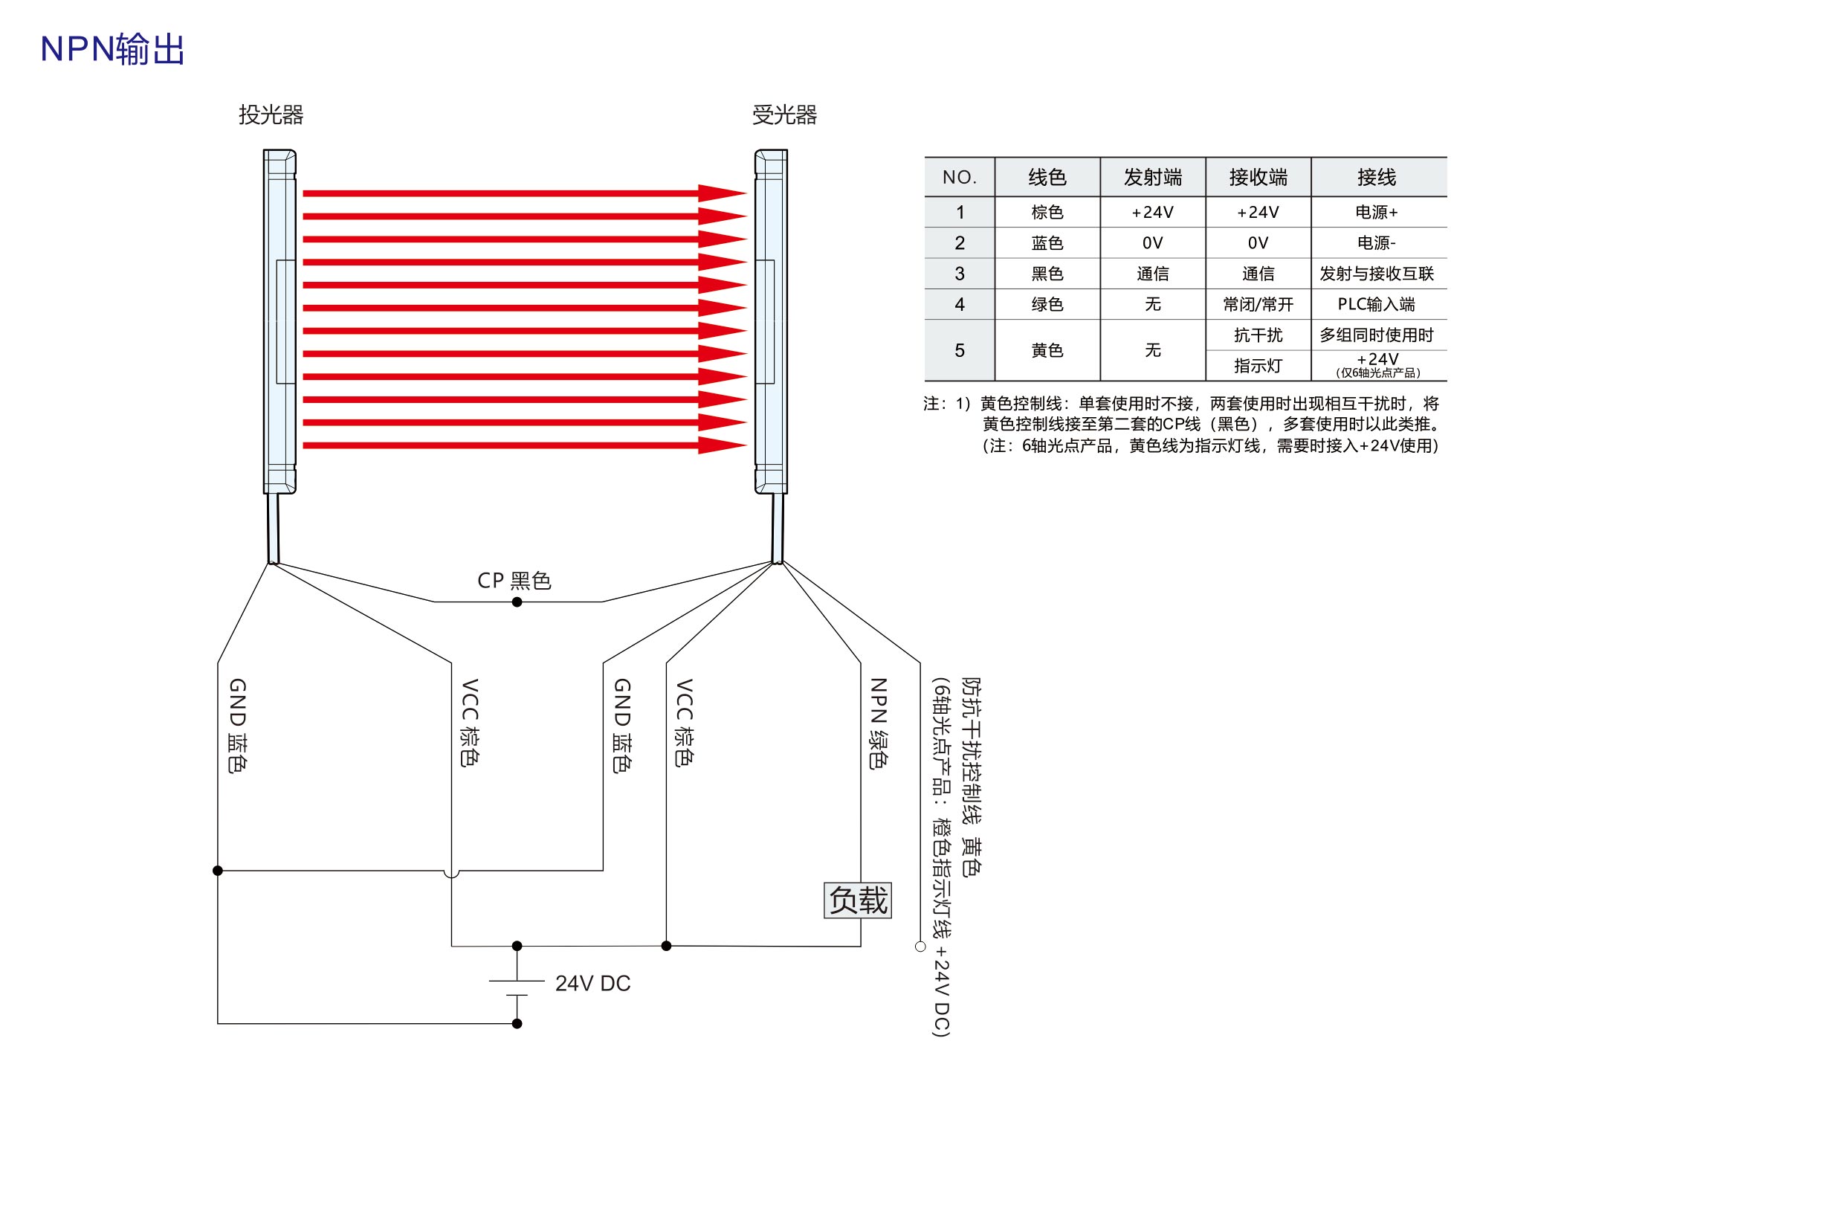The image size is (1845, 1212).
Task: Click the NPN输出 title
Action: (112, 49)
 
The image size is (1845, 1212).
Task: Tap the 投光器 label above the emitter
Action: (271, 115)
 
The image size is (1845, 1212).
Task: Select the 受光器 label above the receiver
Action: (784, 115)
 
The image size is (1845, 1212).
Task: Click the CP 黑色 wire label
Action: (514, 580)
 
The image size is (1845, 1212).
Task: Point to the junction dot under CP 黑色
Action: (517, 602)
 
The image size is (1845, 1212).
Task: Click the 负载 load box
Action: (857, 900)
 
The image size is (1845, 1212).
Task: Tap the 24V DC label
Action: (593, 983)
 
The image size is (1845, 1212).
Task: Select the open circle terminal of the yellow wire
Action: (920, 946)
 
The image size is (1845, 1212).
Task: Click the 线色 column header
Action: (1047, 178)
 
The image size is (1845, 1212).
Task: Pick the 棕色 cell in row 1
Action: (1047, 213)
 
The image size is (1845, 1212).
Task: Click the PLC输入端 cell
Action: (1376, 304)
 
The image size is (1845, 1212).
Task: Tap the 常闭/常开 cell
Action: (1258, 304)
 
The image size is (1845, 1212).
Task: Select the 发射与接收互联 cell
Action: (1377, 274)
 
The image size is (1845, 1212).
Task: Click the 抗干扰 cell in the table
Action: (1258, 335)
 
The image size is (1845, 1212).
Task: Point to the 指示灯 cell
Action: (1258, 366)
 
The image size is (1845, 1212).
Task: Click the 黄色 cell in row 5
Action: (1047, 350)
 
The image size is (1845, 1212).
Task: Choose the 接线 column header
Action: (1377, 178)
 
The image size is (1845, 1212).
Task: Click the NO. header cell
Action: (960, 178)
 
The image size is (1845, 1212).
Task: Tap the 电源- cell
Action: (1377, 242)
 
